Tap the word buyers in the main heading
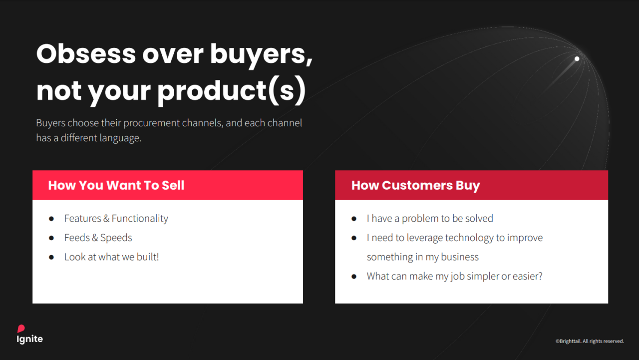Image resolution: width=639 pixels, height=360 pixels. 261,55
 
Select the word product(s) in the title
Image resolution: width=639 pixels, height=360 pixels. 232,91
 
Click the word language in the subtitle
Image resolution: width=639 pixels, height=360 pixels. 120,138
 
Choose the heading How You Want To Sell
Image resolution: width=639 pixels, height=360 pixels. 116,185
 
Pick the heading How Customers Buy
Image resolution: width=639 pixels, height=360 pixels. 416,185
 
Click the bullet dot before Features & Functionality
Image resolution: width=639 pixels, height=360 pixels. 51,219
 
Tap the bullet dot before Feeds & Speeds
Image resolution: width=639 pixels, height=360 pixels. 51,238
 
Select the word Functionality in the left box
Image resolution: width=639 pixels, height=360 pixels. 140,219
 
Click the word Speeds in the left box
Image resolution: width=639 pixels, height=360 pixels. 116,238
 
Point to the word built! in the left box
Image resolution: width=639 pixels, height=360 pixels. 148,257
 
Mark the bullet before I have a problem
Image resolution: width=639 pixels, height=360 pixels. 354,219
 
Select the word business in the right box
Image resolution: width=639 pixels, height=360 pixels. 460,257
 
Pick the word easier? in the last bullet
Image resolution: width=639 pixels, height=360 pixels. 528,276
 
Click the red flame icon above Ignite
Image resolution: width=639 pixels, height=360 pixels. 21,329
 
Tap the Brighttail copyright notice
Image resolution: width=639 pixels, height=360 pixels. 590,341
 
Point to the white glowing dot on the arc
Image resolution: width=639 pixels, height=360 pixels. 577,59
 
